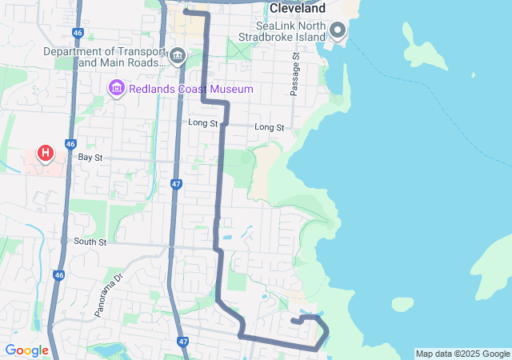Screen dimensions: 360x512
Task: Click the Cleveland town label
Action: (x=298, y=8)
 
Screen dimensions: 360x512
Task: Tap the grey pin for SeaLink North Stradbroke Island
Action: (x=337, y=31)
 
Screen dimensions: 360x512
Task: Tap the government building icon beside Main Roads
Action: (x=178, y=57)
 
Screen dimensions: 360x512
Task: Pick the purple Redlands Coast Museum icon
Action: (x=116, y=86)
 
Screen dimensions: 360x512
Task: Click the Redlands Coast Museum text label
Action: (x=191, y=89)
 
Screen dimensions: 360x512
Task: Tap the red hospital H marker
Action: (x=46, y=153)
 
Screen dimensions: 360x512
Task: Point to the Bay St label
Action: (x=90, y=158)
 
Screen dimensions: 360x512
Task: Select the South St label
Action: (x=90, y=241)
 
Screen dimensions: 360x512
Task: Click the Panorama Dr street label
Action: (x=109, y=295)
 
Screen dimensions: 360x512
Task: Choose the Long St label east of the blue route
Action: (x=269, y=127)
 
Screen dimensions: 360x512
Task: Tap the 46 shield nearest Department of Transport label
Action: (x=77, y=33)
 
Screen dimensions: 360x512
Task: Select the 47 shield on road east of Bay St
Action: (x=176, y=184)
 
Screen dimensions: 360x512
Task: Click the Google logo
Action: (x=26, y=350)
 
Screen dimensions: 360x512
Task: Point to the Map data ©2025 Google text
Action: (x=462, y=354)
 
